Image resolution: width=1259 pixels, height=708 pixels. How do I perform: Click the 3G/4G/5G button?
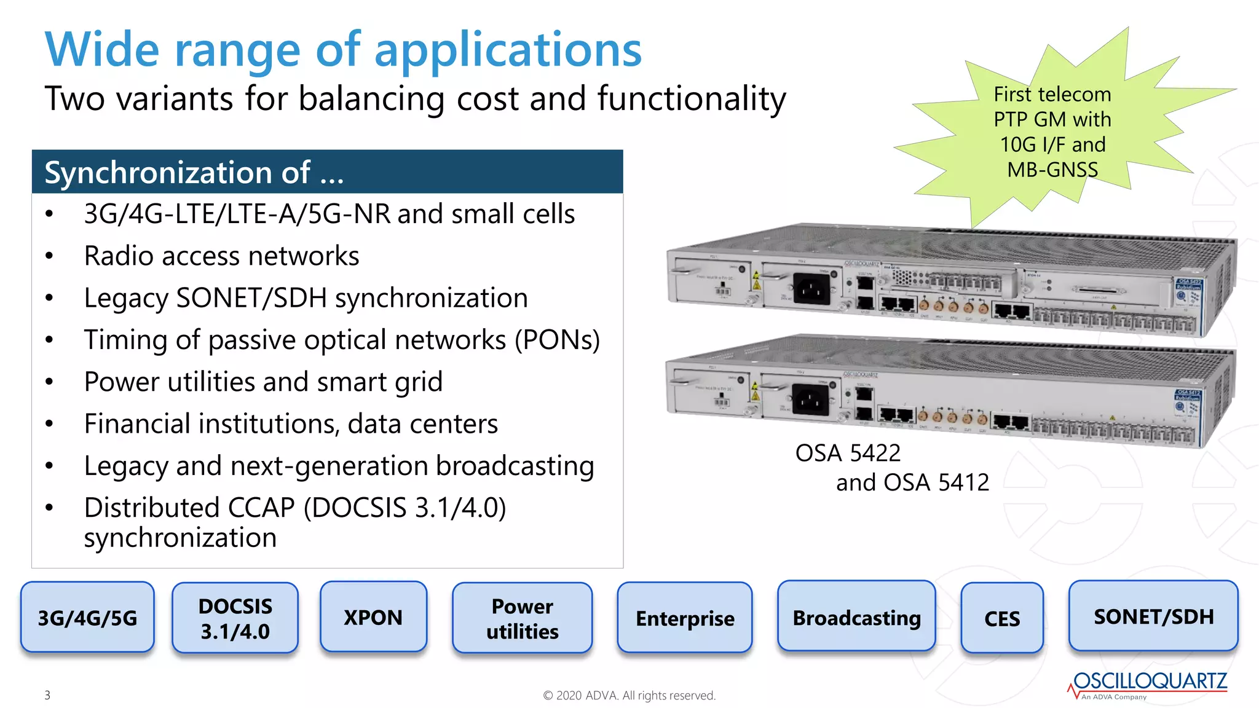(87, 617)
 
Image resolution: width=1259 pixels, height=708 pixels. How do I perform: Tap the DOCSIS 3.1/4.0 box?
(235, 618)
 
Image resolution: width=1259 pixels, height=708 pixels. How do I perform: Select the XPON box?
(373, 616)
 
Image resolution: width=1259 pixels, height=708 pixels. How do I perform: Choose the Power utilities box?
(522, 618)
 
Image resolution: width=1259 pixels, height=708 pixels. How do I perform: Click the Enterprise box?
(684, 618)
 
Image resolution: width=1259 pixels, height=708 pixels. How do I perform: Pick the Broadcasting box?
(856, 616)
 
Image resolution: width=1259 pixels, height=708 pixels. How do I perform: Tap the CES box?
(1001, 618)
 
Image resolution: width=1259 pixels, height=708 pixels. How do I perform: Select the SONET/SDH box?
(1153, 616)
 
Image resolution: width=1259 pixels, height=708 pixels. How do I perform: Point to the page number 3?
(47, 695)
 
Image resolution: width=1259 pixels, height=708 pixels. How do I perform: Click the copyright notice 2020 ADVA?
(629, 695)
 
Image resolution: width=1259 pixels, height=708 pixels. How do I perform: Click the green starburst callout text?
(1052, 132)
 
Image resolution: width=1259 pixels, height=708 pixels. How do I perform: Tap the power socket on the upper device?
(811, 288)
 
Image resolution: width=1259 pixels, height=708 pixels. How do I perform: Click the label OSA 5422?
(847, 453)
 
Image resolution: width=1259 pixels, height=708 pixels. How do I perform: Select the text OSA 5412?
(936, 482)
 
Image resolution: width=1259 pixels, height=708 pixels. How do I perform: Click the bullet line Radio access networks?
(221, 256)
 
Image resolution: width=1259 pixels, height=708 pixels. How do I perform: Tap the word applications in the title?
(508, 50)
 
